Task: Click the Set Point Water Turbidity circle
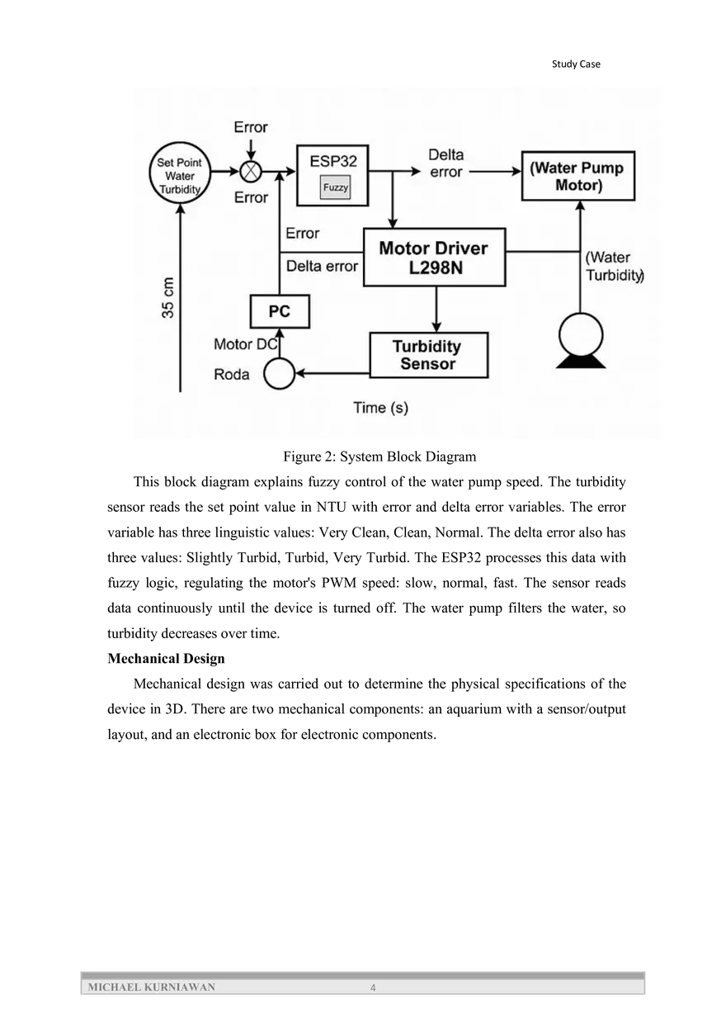pyautogui.click(x=180, y=176)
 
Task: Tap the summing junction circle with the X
pyautogui.click(x=251, y=173)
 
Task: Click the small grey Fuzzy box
pyautogui.click(x=335, y=188)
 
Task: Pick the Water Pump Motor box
pyautogui.click(x=578, y=176)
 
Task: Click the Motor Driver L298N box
pyautogui.click(x=434, y=258)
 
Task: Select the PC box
pyautogui.click(x=279, y=312)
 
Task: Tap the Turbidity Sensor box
pyautogui.click(x=428, y=355)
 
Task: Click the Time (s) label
pyautogui.click(x=380, y=408)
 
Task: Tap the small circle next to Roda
pyautogui.click(x=279, y=374)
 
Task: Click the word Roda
pyautogui.click(x=232, y=375)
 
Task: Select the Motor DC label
pyautogui.click(x=244, y=344)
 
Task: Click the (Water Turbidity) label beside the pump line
pyautogui.click(x=614, y=267)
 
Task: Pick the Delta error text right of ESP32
pyautogui.click(x=445, y=163)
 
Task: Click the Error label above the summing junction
pyautogui.click(x=251, y=127)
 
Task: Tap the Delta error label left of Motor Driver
pyautogui.click(x=322, y=266)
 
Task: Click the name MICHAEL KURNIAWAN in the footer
pyautogui.click(x=151, y=987)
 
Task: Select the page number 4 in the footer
pyautogui.click(x=373, y=988)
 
